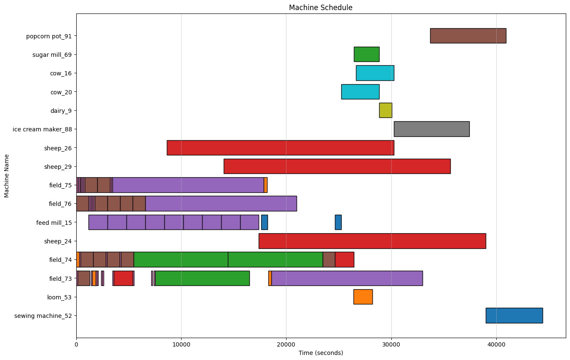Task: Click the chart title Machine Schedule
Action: (x=321, y=8)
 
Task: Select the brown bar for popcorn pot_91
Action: (x=468, y=36)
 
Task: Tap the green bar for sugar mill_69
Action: (x=366, y=54)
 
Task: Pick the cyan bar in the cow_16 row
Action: (x=375, y=73)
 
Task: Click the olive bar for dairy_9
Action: (x=385, y=110)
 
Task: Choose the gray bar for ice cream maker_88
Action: (x=431, y=129)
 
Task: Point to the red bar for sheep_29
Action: (x=337, y=166)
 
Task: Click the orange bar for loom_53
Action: (x=363, y=297)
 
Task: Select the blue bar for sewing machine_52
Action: (x=514, y=315)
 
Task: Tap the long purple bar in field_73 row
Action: (x=347, y=278)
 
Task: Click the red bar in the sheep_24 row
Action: (x=372, y=241)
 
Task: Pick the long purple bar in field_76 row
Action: (x=221, y=203)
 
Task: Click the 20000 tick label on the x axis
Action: (x=286, y=344)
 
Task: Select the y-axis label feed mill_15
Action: (x=54, y=222)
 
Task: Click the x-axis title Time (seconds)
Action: (x=321, y=353)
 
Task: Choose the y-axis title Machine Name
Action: (x=7, y=176)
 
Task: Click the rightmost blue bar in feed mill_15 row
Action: (x=338, y=222)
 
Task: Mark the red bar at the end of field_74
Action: (x=344, y=259)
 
